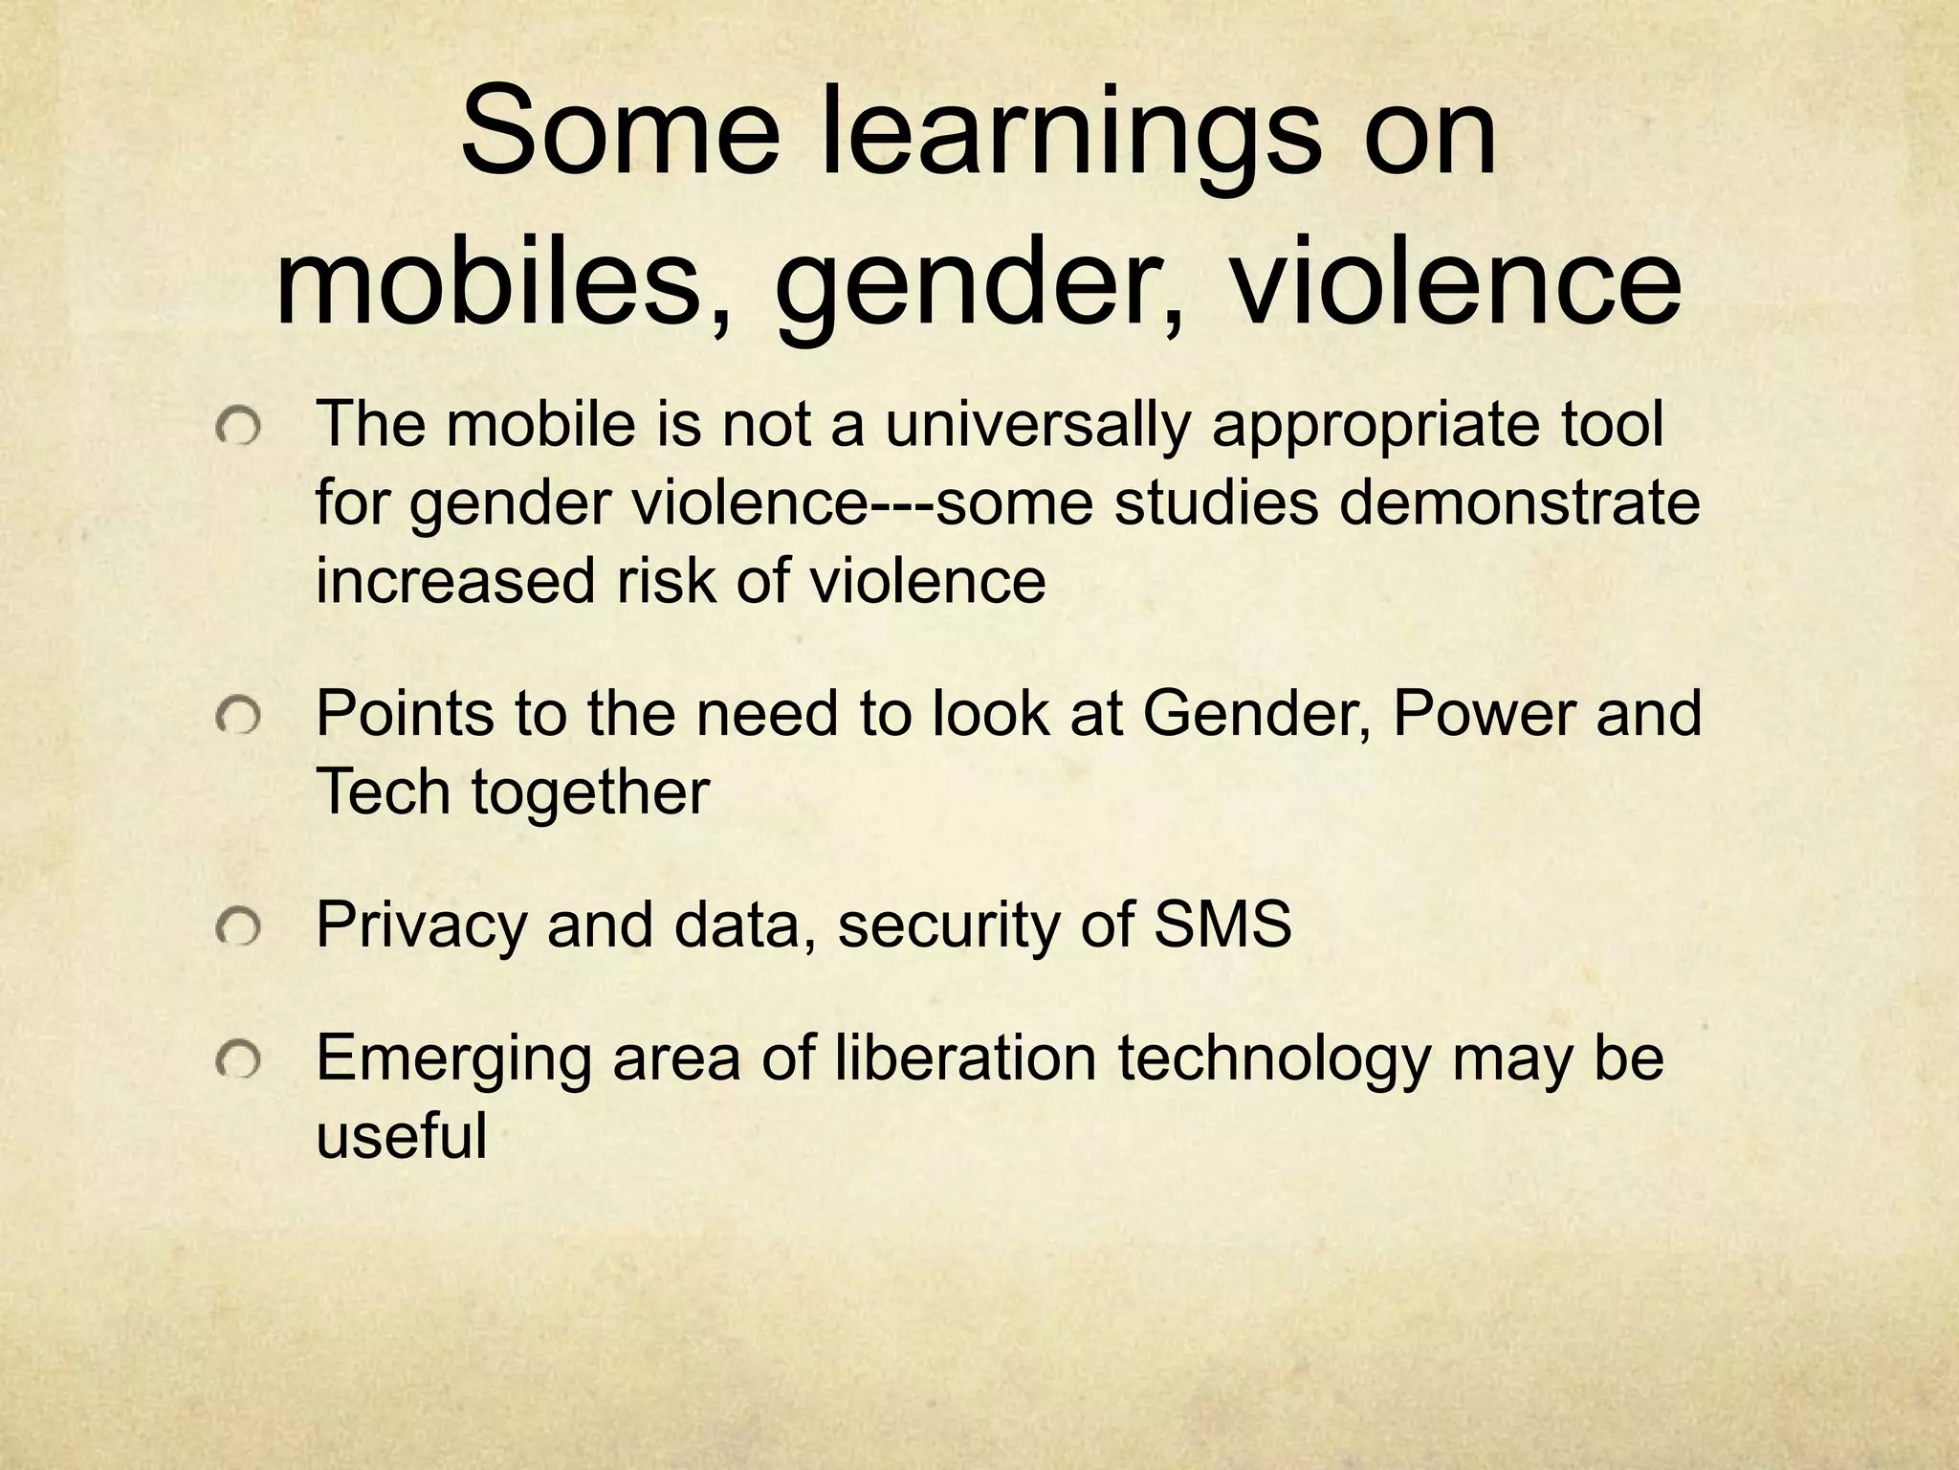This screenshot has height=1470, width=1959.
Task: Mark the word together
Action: click(x=589, y=793)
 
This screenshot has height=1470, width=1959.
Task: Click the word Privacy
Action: click(x=421, y=926)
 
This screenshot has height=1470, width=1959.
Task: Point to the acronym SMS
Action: click(x=1222, y=924)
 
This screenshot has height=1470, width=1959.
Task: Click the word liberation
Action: click(x=965, y=1058)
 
